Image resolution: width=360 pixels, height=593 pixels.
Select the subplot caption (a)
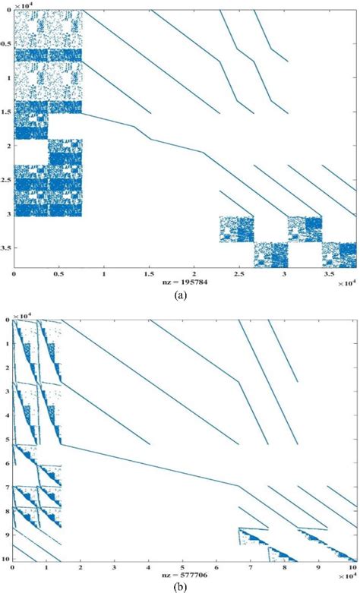(181, 294)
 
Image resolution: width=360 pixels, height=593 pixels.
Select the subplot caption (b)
(181, 586)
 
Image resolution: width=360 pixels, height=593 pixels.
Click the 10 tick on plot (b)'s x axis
(351, 566)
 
